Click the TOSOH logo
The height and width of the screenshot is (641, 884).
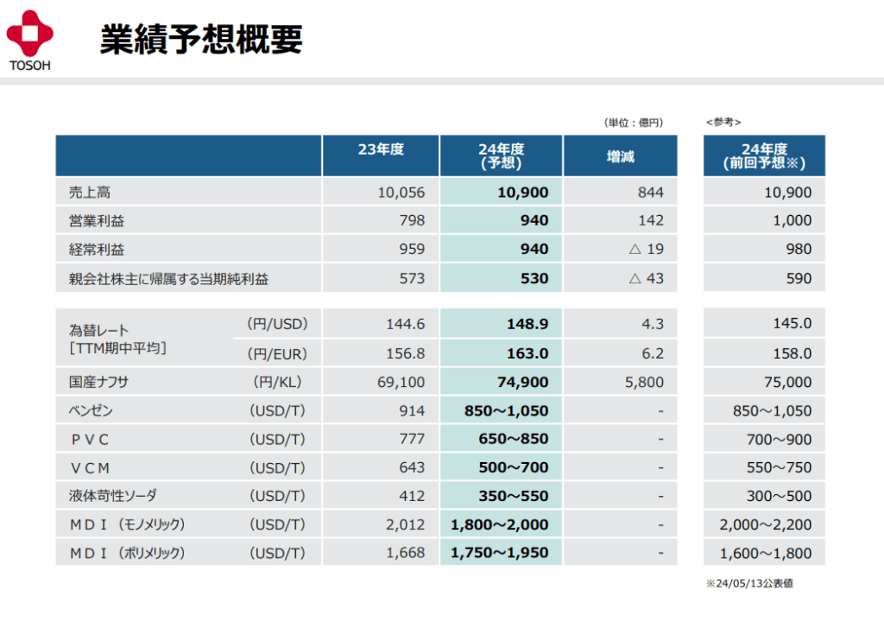point(30,40)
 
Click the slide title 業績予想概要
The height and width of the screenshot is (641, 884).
point(200,39)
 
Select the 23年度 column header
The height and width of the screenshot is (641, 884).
point(381,149)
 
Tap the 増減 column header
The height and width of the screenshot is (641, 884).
point(620,156)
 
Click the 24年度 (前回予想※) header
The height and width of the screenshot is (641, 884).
point(763,155)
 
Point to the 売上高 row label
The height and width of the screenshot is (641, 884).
point(90,192)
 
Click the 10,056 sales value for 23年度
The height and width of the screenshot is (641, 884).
point(401,192)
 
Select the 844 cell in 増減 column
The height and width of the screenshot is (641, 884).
point(651,192)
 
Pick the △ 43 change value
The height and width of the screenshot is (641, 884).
point(647,278)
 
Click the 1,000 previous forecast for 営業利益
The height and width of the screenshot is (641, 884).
point(792,220)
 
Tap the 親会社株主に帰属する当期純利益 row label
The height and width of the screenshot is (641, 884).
point(168,278)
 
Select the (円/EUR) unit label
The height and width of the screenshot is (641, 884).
point(277,352)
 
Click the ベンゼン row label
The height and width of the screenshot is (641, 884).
point(91,410)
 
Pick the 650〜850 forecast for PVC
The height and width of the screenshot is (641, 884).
point(513,439)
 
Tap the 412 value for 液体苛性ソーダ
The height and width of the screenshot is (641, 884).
point(412,496)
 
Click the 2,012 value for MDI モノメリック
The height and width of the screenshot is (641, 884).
point(405,524)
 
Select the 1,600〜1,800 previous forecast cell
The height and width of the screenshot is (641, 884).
point(766,553)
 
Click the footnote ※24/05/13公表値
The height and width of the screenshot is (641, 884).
point(749,583)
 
